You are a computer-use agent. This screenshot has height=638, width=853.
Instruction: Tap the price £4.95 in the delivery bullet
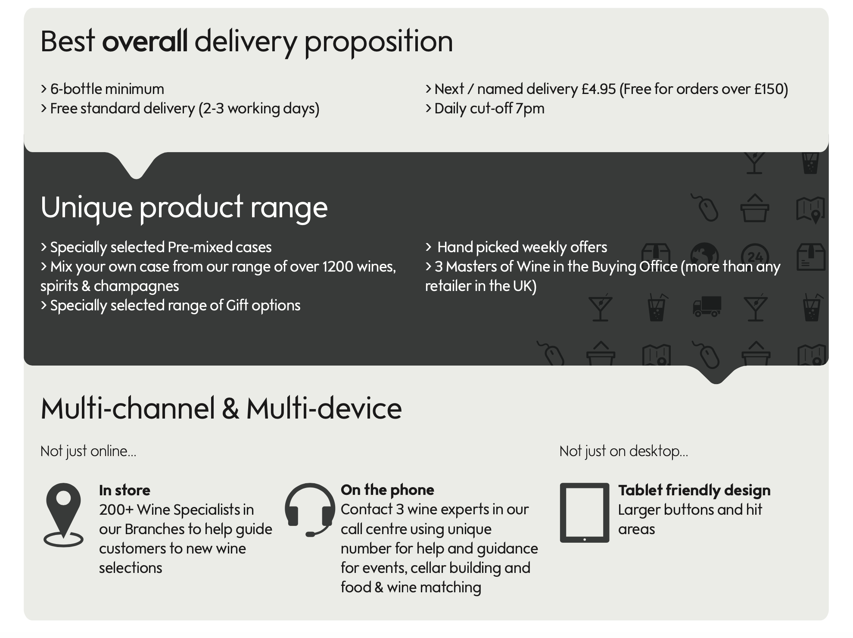point(599,89)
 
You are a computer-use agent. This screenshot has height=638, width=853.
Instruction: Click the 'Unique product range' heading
point(184,207)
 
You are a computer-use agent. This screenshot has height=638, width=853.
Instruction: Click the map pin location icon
point(63,515)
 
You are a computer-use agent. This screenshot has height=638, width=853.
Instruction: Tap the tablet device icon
point(585,513)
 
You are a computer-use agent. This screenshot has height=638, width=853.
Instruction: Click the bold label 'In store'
point(125,490)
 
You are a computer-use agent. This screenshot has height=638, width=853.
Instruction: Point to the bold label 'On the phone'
point(387,490)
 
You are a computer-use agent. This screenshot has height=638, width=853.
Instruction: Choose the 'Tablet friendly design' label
point(694,491)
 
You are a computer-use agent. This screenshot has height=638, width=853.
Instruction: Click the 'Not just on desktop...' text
point(624,451)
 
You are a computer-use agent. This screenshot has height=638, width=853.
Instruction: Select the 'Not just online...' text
point(88,451)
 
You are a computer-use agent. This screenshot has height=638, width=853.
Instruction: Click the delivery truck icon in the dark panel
point(707,306)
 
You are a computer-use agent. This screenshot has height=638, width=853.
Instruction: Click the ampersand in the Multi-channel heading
point(231,409)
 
